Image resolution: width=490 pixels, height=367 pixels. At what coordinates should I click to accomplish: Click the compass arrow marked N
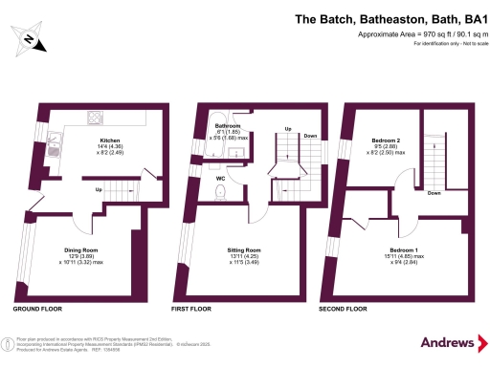coord(30,39)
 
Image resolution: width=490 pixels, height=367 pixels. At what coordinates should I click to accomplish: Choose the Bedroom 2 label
coord(386,140)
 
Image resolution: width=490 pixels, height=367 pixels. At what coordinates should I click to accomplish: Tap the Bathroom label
coord(227,126)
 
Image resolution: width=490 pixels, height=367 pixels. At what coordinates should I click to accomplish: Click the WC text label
coord(219,177)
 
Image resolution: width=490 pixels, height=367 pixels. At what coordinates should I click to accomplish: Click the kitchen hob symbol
coord(96,119)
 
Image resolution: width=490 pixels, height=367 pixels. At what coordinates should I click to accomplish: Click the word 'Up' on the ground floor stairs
coord(98,189)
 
